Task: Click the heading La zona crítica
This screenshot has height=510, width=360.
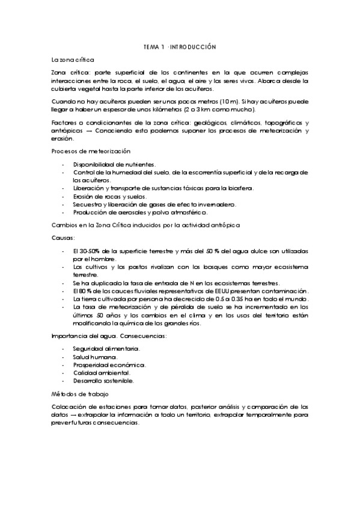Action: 72,60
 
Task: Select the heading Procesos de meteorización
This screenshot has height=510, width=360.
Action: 91,151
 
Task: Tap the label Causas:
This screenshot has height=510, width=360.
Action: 63,238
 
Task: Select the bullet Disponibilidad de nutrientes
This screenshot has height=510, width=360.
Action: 114,164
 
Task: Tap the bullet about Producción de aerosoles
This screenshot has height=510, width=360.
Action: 140,212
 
